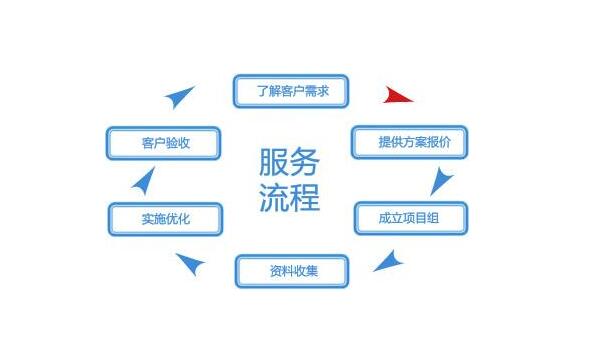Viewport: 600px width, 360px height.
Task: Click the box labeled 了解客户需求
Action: coord(291,91)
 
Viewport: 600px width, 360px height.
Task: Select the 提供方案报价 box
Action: coord(408,142)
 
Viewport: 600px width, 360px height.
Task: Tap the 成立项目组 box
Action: coord(409,217)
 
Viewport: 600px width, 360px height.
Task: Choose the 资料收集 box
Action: coord(292,270)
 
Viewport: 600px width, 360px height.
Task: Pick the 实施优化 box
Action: coord(165,217)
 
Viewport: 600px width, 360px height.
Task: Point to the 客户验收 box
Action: coord(165,143)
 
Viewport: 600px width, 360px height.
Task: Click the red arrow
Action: coord(398,96)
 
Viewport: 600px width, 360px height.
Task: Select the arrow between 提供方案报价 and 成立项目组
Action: coord(441,181)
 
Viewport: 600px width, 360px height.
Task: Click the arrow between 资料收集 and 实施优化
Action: coord(190,264)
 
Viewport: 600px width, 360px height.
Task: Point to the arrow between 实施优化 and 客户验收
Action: coord(143,181)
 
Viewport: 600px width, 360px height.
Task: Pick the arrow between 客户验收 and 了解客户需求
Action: coord(180,97)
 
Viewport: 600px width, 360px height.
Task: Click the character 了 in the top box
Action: coord(262,91)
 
